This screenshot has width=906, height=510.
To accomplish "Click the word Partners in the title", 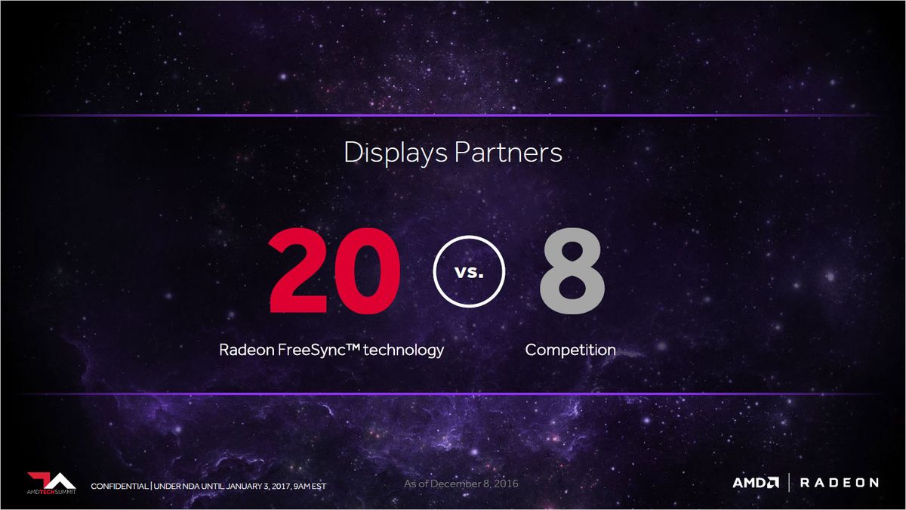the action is pos(508,152).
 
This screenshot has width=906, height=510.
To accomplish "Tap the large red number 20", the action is pos(334,270).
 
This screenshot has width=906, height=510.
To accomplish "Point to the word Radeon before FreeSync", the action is pos(247,350).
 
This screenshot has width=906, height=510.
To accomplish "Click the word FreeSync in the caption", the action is pos(311,351).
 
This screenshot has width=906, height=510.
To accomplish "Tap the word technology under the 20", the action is pos(403,351).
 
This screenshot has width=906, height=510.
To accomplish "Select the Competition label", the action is pos(570,350).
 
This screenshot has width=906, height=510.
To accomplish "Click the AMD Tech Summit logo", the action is pos(51,484).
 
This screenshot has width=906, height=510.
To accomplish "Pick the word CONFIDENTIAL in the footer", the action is pos(119,486).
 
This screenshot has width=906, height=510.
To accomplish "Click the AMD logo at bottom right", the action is pos(756,483).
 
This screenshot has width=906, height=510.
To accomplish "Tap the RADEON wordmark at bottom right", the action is pos(840,483).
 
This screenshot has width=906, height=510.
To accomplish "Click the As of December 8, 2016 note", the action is pos(461,484).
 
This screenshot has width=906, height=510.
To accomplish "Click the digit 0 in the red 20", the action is pos(368,270).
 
